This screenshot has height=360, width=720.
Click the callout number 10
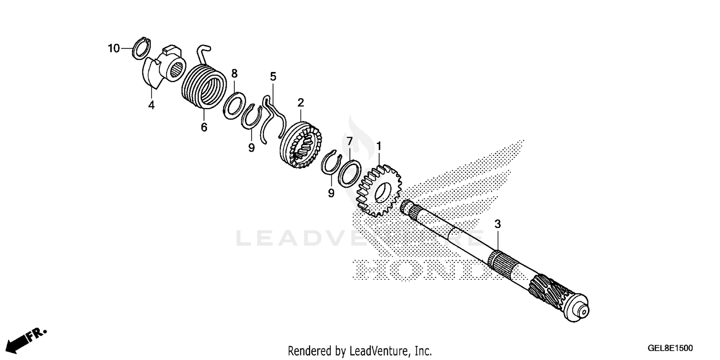click(113, 48)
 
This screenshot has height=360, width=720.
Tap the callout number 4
click(151, 105)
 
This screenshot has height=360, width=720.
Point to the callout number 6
click(204, 128)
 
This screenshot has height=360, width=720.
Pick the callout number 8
click(234, 73)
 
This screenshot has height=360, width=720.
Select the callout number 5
click(273, 76)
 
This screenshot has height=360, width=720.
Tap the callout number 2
click(300, 102)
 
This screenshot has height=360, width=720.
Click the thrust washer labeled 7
click(350, 173)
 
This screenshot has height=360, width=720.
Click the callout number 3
click(498, 224)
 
